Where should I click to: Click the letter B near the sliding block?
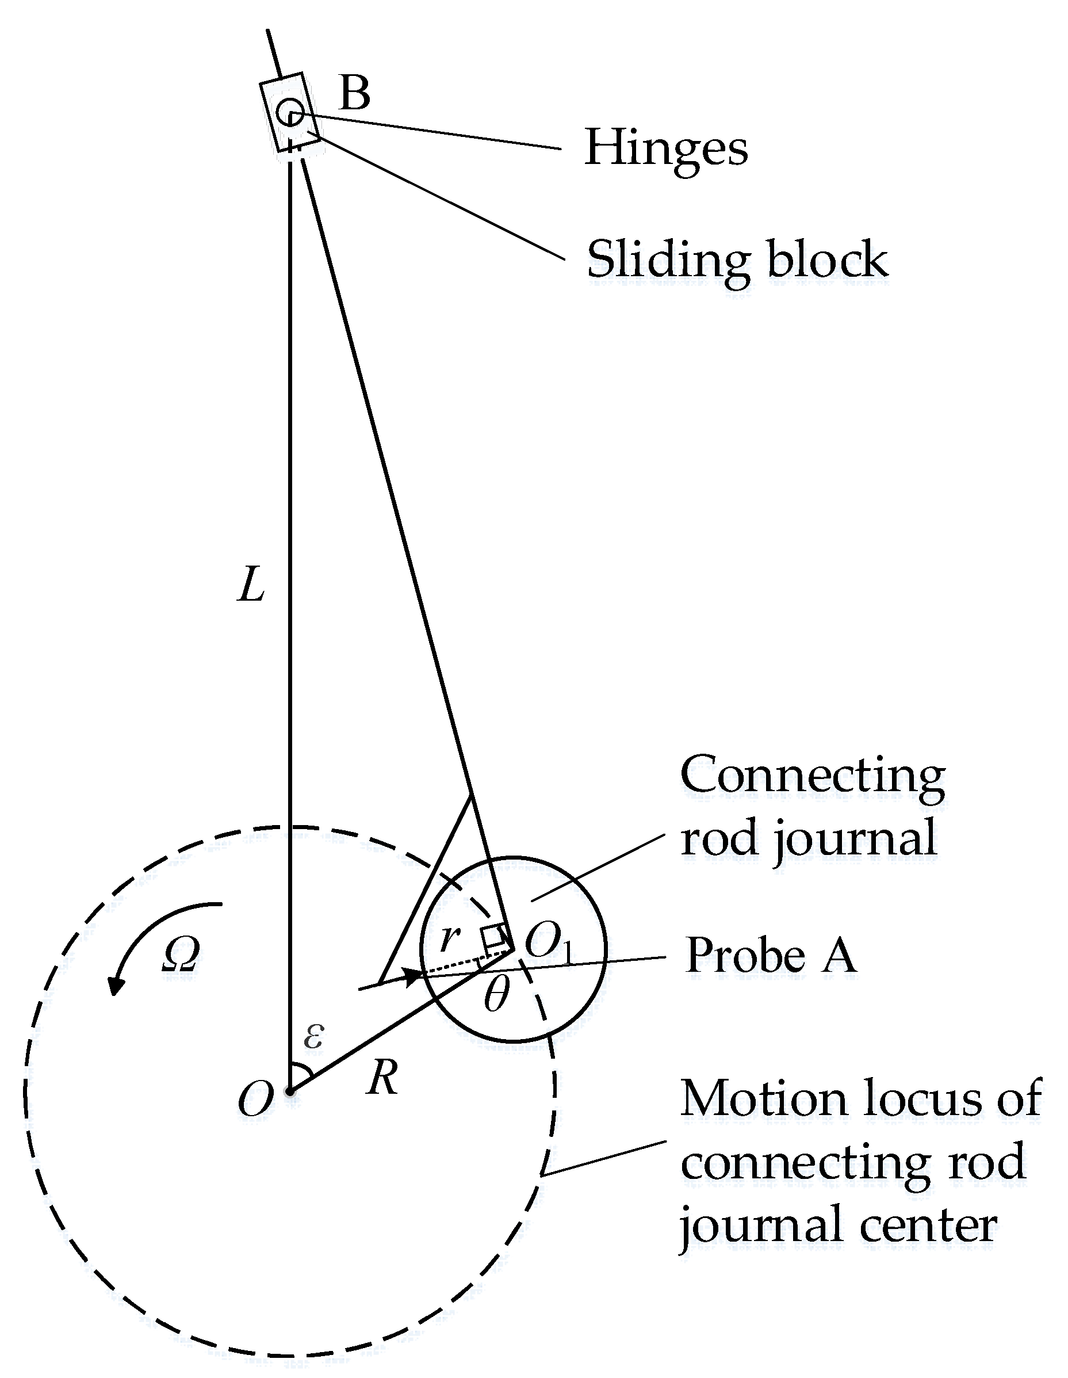[354, 93]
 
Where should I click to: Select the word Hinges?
[666, 149]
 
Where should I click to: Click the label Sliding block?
[737, 260]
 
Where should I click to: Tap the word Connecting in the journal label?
[812, 775]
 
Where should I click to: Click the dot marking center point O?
[289, 1091]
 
